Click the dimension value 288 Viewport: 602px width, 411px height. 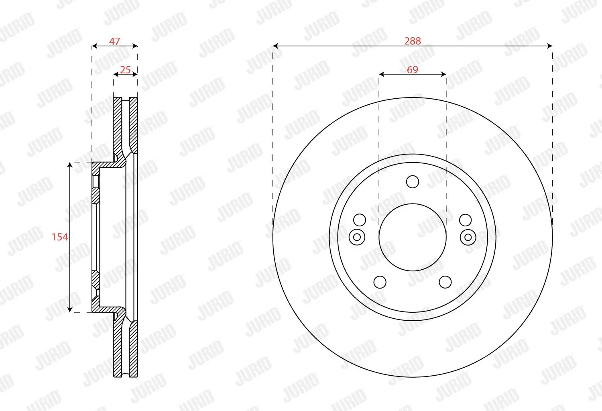(x=413, y=41)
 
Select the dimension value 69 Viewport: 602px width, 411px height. (x=413, y=70)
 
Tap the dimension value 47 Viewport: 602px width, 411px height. (x=115, y=41)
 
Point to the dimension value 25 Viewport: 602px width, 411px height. (x=125, y=70)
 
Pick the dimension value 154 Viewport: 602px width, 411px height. (x=59, y=237)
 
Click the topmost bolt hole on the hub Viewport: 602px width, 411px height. (x=413, y=182)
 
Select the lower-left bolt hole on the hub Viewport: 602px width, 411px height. (x=380, y=282)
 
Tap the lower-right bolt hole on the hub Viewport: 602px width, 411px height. (x=445, y=282)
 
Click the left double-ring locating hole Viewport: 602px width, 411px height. (x=357, y=237)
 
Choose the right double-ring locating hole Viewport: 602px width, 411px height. (x=468, y=237)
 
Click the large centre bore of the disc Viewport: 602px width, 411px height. (x=413, y=237)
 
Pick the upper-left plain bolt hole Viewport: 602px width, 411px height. (x=360, y=220)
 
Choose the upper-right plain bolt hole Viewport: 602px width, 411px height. (x=465, y=220)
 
